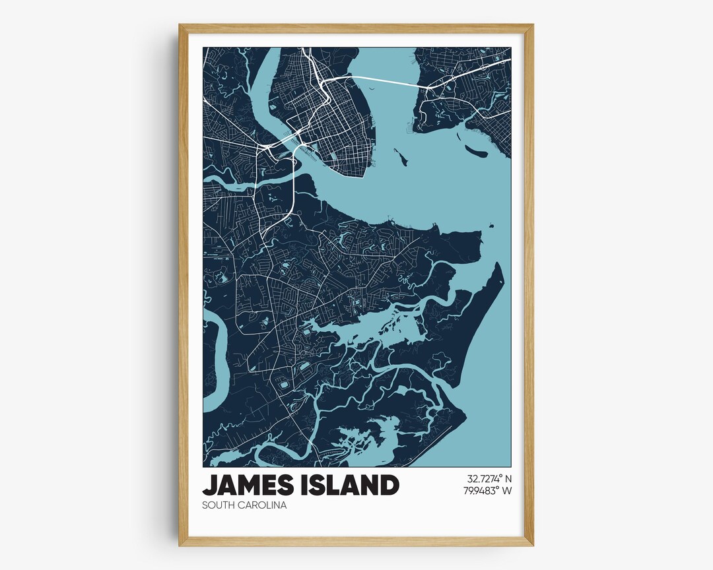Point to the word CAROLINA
click(x=264, y=506)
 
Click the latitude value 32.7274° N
click(x=489, y=478)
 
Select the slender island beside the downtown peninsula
click(x=401, y=157)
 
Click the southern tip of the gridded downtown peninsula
click(x=362, y=175)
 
